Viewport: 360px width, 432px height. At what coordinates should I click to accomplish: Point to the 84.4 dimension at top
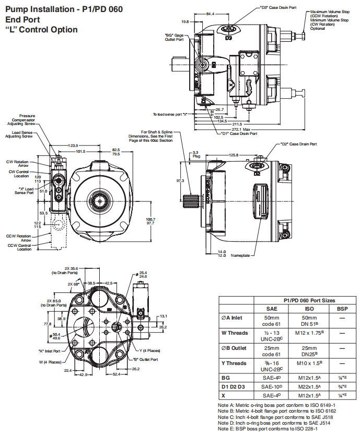tap(210, 14)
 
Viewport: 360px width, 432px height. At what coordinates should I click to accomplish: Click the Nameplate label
tap(241, 256)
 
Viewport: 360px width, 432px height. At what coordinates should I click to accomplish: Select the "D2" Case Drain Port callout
tap(298, 144)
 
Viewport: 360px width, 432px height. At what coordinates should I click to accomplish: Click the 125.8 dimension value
tap(233, 155)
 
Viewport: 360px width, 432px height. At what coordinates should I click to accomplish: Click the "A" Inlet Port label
tap(49, 351)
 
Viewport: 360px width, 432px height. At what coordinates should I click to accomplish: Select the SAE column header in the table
tap(272, 309)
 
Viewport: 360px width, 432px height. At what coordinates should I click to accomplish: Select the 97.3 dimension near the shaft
tap(180, 180)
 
